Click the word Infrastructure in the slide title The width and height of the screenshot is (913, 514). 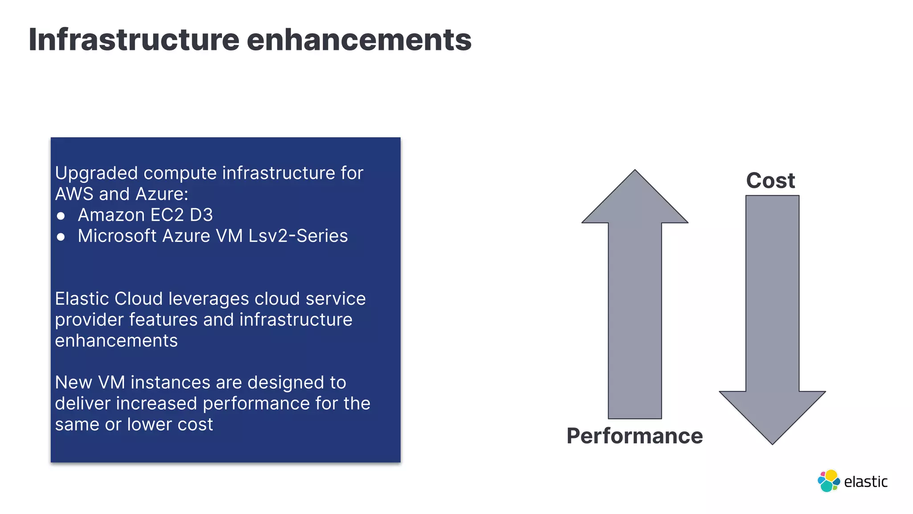(134, 40)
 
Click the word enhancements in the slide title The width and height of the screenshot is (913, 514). (359, 40)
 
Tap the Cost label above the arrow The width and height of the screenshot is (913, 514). (770, 181)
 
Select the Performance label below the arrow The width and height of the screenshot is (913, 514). (634, 436)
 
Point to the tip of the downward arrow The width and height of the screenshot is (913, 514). (772, 443)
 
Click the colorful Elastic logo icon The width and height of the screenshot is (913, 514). (828, 481)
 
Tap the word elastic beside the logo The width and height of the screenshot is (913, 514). (866, 482)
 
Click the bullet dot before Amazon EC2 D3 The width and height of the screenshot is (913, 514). (61, 216)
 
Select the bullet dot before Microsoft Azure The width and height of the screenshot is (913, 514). (61, 237)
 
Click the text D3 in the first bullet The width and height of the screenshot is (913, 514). (201, 215)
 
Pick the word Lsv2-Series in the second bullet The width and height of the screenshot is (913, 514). (298, 236)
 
